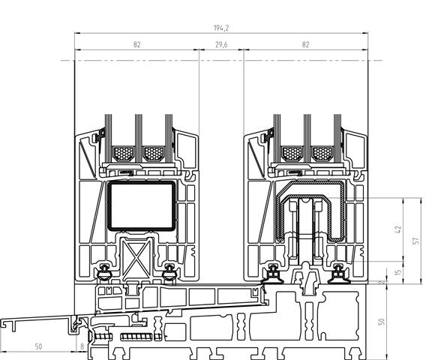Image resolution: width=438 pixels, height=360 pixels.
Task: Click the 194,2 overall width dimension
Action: pos(221,28)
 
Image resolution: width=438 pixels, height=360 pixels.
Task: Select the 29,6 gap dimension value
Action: pos(221,45)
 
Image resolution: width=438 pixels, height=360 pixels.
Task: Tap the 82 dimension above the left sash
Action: pos(136,45)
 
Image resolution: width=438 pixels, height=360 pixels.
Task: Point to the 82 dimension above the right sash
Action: pos(305,45)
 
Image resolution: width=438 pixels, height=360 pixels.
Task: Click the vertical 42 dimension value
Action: pos(398,229)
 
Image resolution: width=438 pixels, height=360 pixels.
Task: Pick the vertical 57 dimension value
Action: pos(416,241)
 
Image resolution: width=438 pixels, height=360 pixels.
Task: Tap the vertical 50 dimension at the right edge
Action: pos(382,322)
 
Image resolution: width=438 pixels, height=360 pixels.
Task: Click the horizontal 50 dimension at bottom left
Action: pos(38,346)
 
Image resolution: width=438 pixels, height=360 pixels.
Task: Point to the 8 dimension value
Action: pos(82,346)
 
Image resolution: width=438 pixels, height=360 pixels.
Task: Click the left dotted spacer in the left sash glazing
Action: pos(123,154)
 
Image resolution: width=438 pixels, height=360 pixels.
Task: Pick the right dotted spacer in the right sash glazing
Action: pos(322,154)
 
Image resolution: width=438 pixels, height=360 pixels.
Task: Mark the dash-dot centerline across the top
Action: pos(221,60)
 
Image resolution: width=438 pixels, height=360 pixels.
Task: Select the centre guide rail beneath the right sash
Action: pos(307,279)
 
